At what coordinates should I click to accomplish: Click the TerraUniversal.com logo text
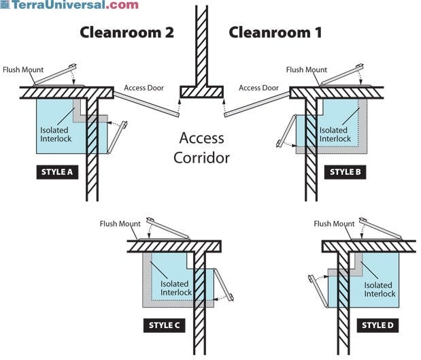click(71, 5)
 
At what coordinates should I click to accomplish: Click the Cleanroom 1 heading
click(275, 33)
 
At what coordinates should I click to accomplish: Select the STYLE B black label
click(345, 172)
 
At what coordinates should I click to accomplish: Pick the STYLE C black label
click(164, 325)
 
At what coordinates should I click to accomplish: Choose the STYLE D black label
click(375, 325)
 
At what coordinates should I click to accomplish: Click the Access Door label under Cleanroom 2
click(144, 88)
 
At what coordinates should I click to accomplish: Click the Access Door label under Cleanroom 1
click(258, 88)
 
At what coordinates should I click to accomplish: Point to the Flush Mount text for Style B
click(307, 70)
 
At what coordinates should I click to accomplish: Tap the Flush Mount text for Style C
click(120, 224)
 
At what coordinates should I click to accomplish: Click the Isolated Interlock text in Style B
click(335, 134)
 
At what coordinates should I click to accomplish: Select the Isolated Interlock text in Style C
click(176, 288)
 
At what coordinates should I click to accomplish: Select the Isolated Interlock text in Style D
click(379, 289)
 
